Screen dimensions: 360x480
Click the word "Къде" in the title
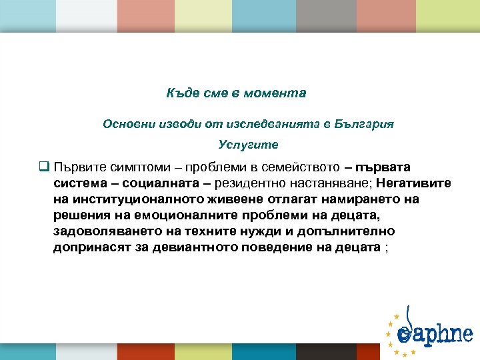click(x=179, y=93)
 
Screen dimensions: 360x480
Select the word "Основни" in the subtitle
click(x=125, y=124)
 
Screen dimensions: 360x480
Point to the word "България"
click(x=365, y=124)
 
